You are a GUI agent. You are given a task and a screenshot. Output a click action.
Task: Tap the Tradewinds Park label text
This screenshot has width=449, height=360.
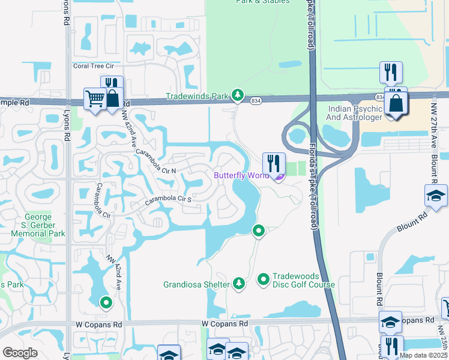click(x=197, y=96)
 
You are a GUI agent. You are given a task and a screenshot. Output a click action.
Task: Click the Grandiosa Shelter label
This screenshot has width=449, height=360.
click(x=196, y=284)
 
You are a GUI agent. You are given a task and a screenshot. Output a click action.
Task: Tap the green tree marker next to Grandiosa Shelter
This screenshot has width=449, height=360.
click(x=239, y=283)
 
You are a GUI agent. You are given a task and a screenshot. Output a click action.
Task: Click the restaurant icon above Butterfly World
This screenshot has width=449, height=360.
click(x=273, y=163)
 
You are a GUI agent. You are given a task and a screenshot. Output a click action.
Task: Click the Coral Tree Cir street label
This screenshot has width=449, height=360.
click(x=93, y=66)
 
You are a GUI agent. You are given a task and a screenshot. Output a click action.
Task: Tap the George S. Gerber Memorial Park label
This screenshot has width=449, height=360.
click(x=45, y=226)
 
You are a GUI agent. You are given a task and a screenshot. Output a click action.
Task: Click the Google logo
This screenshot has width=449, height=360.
click(x=20, y=353)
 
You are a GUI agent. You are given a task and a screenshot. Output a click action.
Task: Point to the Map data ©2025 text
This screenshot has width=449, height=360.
click(x=423, y=355)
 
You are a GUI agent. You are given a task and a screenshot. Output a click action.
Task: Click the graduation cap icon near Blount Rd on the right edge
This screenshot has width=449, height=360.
click(x=435, y=196)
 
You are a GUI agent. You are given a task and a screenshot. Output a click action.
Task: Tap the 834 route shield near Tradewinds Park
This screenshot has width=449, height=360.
click(x=256, y=100)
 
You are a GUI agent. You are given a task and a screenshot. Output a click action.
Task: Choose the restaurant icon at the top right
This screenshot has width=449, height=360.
click(x=391, y=72)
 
